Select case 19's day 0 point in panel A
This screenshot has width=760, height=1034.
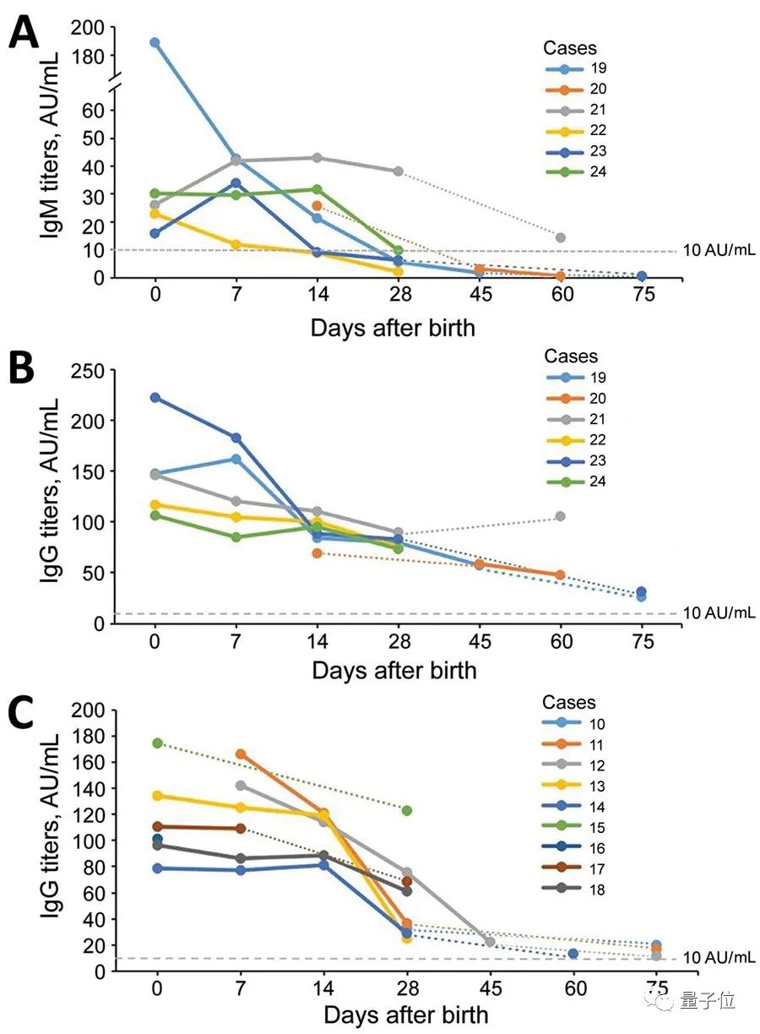tap(155, 42)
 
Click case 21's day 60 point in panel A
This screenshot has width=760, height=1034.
tap(560, 237)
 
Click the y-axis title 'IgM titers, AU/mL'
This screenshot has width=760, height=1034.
tap(52, 152)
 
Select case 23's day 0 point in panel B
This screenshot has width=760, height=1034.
tap(155, 398)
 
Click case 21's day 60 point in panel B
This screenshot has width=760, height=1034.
tap(560, 516)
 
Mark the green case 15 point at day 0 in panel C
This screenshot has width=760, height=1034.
tap(157, 743)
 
